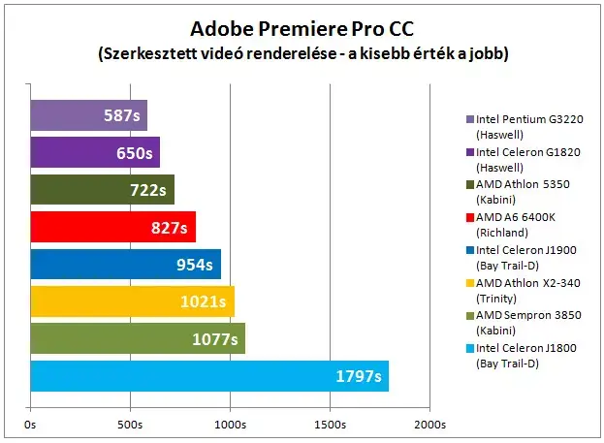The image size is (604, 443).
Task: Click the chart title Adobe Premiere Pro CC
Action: (302, 28)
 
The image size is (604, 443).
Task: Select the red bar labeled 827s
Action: (113, 227)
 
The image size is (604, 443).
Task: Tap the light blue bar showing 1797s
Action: (209, 376)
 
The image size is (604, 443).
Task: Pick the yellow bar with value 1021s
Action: (133, 301)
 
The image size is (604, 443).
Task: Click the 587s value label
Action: (122, 115)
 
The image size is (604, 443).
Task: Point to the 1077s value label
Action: (215, 339)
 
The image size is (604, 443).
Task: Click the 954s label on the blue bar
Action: (195, 265)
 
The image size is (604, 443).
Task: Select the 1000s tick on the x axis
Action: (230, 425)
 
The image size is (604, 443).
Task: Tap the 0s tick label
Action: (30, 425)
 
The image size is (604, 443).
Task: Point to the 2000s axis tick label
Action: (429, 425)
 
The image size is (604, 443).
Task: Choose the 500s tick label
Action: (130, 425)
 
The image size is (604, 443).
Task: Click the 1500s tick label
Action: (331, 425)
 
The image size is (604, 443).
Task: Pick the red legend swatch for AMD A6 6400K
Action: (470, 217)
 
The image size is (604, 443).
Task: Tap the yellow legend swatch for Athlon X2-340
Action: (470, 283)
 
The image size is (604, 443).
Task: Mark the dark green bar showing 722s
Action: (103, 190)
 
